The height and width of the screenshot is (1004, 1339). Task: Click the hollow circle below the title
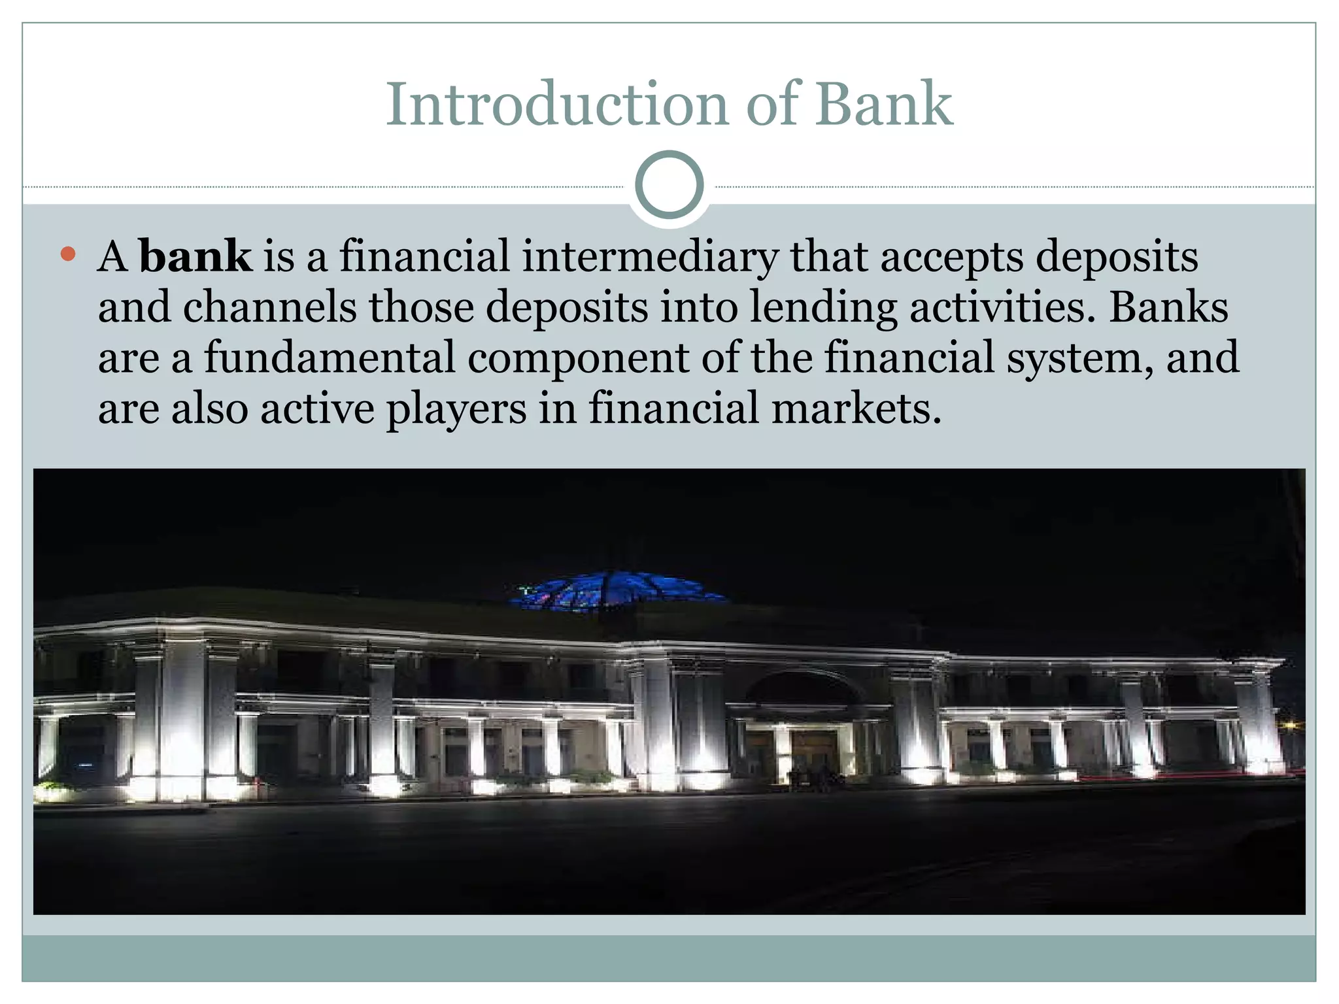coord(669,185)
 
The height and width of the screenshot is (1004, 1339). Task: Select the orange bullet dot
coord(68,254)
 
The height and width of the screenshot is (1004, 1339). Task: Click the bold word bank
coord(195,256)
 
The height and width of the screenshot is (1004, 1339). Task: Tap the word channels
coord(269,307)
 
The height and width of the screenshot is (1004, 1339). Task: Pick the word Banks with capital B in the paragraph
coord(1168,307)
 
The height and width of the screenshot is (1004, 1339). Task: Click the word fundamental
coord(330,358)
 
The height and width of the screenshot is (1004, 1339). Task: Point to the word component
coord(579,359)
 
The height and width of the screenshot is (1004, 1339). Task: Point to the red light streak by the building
coord(1177,776)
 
